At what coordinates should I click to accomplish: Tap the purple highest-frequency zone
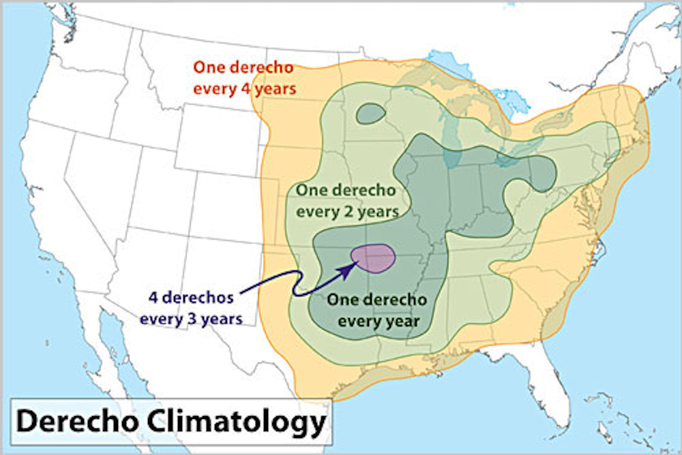[373, 257]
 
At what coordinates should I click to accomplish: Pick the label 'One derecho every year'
[376, 309]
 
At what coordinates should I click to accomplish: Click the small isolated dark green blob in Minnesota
[371, 113]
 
